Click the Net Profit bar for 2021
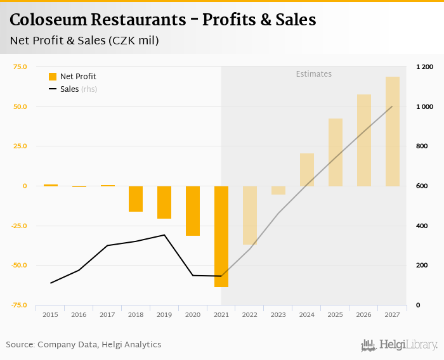[x=221, y=236]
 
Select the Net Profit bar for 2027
[x=393, y=131]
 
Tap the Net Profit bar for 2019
[x=164, y=202]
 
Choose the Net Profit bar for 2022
[x=250, y=215]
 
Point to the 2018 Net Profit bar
[x=136, y=198]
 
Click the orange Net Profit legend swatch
[x=53, y=77]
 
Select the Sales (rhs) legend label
[x=79, y=89]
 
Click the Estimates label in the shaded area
[x=314, y=74]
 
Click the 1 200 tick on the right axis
[x=424, y=67]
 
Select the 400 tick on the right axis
[x=422, y=226]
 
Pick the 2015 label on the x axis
[x=50, y=314]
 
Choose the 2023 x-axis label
[x=278, y=314]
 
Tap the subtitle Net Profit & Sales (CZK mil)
[x=84, y=41]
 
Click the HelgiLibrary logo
[x=400, y=345]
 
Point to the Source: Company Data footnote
[x=84, y=345]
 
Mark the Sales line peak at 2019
[x=164, y=235]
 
